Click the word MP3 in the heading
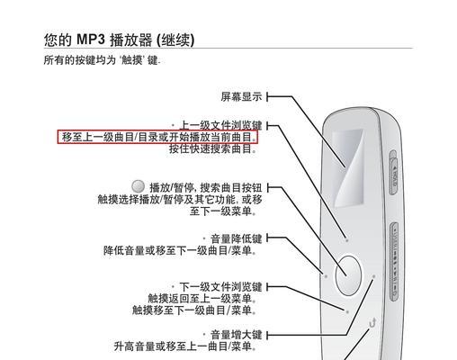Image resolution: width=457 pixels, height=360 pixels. tap(91, 40)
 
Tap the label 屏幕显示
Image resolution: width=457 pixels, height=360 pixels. tap(241, 96)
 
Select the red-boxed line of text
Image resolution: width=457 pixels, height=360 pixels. tap(157, 137)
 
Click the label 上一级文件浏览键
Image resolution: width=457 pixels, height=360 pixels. tap(220, 125)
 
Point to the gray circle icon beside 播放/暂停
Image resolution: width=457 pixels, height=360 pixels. tap(139, 186)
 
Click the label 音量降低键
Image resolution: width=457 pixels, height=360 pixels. tap(237, 238)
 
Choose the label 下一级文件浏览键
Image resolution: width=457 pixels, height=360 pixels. tap(220, 287)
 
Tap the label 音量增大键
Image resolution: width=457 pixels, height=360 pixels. tap(237, 335)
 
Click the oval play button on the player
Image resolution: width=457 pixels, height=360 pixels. tap(348, 275)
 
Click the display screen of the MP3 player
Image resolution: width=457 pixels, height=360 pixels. tap(349, 168)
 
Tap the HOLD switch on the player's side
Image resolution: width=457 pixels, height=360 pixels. tap(394, 174)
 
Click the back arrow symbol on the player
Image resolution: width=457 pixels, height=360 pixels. tap(372, 323)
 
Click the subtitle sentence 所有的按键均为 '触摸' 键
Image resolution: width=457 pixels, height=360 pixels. tap(102, 60)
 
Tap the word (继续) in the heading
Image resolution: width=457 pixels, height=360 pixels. tap(175, 40)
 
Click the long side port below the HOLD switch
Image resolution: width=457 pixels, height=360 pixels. tap(395, 262)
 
